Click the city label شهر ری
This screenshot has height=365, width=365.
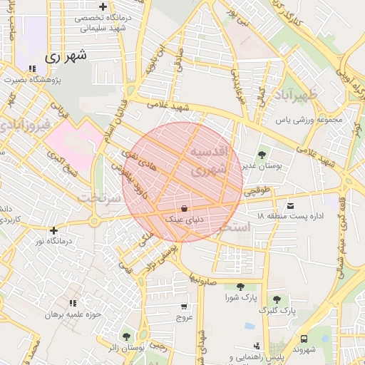65,56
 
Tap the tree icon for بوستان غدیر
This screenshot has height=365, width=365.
262,153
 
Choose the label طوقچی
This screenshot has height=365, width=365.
257,191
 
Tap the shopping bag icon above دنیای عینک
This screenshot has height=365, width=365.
185,209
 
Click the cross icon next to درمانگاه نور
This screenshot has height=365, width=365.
53,230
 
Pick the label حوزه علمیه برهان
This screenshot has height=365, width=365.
74,314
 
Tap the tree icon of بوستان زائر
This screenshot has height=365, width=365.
126,335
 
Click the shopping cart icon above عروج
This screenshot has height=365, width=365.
185,305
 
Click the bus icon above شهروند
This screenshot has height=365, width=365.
304,339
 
